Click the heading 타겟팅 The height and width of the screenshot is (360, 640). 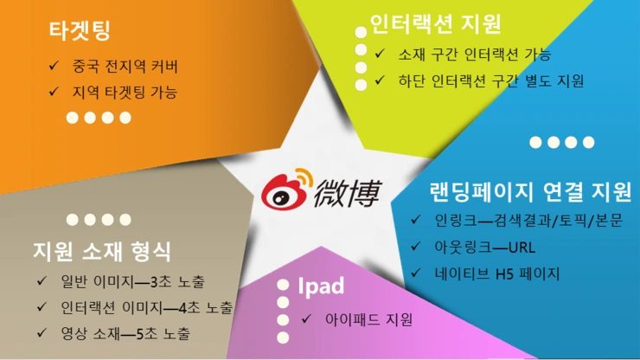pos(80,31)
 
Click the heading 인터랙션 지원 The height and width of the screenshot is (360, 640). pos(435,22)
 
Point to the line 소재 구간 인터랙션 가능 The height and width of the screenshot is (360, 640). pos(475,55)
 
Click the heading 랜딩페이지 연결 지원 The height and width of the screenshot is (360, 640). pos(530,190)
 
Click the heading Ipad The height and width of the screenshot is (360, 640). pos(321,286)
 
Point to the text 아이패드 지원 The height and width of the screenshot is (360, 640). pos(369,318)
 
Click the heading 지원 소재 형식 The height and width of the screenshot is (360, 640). pos(101,252)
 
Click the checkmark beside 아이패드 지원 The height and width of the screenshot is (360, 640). pos(307,319)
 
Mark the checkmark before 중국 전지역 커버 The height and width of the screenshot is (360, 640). pos(54,66)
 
